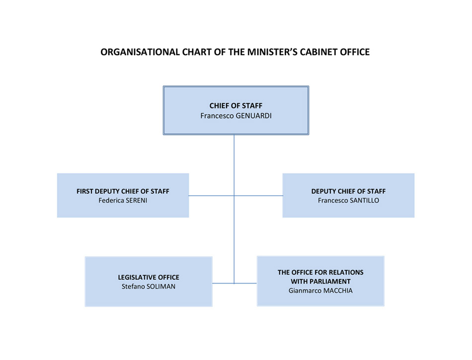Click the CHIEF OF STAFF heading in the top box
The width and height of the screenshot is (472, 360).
pyautogui.click(x=236, y=106)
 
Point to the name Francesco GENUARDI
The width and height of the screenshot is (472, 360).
pyautogui.click(x=236, y=116)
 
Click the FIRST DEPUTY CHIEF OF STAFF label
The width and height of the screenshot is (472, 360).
pyautogui.click(x=123, y=191)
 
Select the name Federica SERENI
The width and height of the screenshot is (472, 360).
pyautogui.click(x=123, y=201)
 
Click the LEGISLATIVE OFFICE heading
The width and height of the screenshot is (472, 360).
pyautogui.click(x=149, y=277)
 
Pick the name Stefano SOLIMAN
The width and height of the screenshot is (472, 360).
pyautogui.click(x=149, y=287)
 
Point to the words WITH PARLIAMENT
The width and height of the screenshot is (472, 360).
pyautogui.click(x=320, y=282)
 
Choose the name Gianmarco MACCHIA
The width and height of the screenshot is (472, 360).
pyautogui.click(x=320, y=290)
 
